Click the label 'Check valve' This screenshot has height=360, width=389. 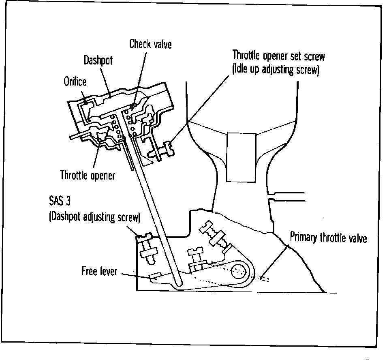pos(150,44)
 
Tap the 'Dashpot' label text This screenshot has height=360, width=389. pos(98,60)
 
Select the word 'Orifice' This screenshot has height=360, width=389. pos(75,81)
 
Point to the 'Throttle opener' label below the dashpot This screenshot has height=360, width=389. pos(88,176)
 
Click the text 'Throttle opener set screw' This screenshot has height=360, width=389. pos(278,56)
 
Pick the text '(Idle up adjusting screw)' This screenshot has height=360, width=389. pos(276,70)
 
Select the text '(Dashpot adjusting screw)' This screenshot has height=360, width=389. pos(94,217)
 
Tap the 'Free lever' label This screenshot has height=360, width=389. pos(99,270)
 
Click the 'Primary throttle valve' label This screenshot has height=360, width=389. pos(328,238)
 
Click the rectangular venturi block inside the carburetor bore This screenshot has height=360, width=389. pos(241,157)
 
